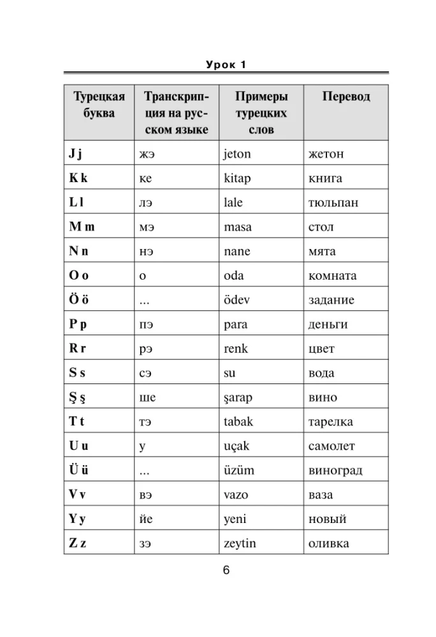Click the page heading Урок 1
(x=226, y=64)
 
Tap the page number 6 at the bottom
(x=226, y=570)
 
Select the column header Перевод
(x=345, y=97)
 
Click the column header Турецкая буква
(x=99, y=104)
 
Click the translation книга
(x=325, y=178)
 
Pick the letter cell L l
(x=76, y=203)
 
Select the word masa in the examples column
(x=238, y=227)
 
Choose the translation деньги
(x=328, y=324)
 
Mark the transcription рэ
(x=145, y=349)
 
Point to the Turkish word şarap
(x=238, y=398)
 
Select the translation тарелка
(x=330, y=422)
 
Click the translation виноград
(x=335, y=471)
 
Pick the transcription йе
(x=145, y=519)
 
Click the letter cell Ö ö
(x=78, y=300)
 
